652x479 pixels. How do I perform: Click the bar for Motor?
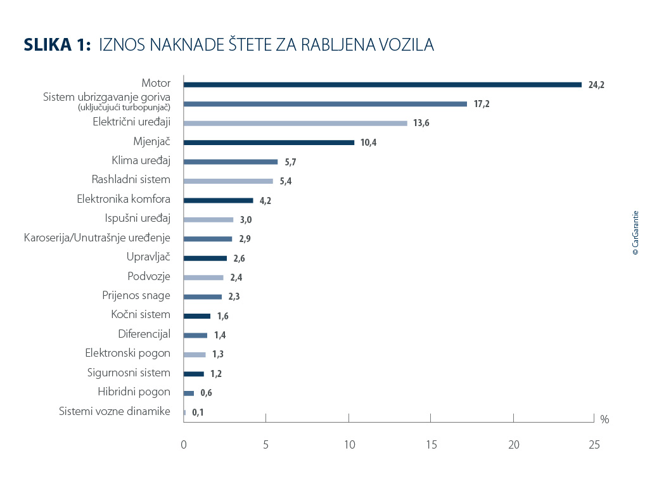[382, 85]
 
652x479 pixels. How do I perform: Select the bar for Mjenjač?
[269, 143]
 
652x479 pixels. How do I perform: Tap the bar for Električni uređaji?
[295, 124]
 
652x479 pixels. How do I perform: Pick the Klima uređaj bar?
[230, 162]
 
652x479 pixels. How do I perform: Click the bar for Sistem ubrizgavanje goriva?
[325, 104]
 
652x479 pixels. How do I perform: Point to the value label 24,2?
[596, 85]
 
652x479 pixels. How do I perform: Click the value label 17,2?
[482, 105]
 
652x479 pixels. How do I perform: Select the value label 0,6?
[205, 393]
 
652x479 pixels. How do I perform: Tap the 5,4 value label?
[285, 182]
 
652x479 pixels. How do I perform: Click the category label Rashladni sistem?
[131, 180]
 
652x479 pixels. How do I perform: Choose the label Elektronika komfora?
[124, 200]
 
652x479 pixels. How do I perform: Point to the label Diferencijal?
[144, 334]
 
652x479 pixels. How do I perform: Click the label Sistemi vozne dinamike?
[115, 411]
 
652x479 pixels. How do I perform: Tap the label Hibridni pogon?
[134, 392]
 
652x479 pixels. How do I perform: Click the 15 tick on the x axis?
[431, 445]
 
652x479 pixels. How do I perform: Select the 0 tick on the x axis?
[184, 445]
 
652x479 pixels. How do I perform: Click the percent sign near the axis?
[604, 419]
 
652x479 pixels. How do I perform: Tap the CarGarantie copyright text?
[636, 233]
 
